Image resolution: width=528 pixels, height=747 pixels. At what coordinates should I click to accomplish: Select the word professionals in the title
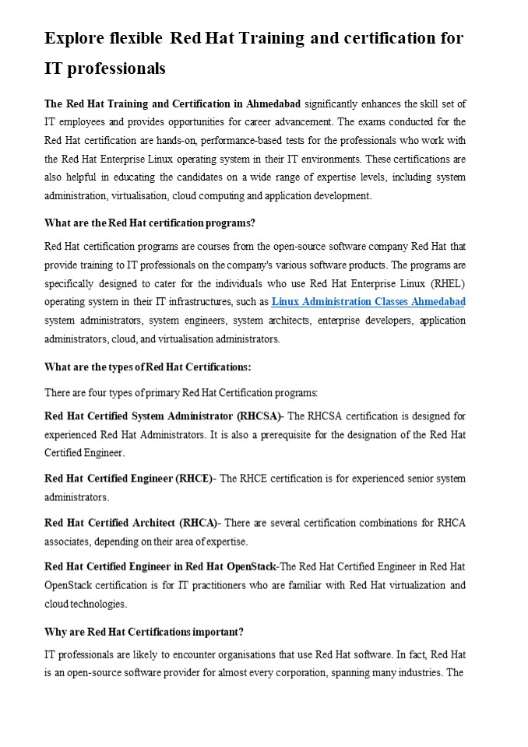point(117,68)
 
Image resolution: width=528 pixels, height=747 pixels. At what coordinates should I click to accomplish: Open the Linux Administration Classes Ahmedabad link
point(368,302)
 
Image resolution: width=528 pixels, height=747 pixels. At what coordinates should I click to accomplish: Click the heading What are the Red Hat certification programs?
point(150,223)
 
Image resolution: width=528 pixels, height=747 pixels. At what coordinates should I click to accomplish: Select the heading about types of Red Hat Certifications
point(147,367)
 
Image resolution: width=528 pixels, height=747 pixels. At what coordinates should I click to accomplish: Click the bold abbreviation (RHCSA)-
point(261,416)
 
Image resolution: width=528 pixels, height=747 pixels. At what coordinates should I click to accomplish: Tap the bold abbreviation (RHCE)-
point(196,479)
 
